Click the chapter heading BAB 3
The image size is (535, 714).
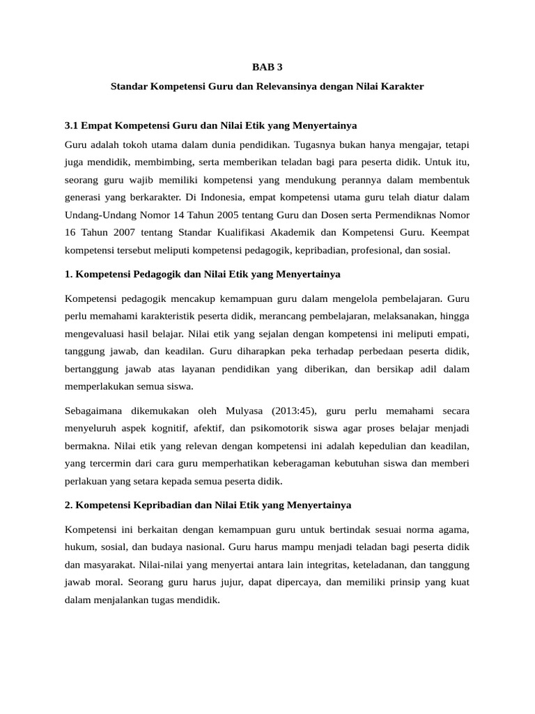tap(267, 68)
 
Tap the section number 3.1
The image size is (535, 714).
tap(72, 126)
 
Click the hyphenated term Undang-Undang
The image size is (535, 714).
tap(98, 216)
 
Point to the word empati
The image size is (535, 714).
tap(451, 333)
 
